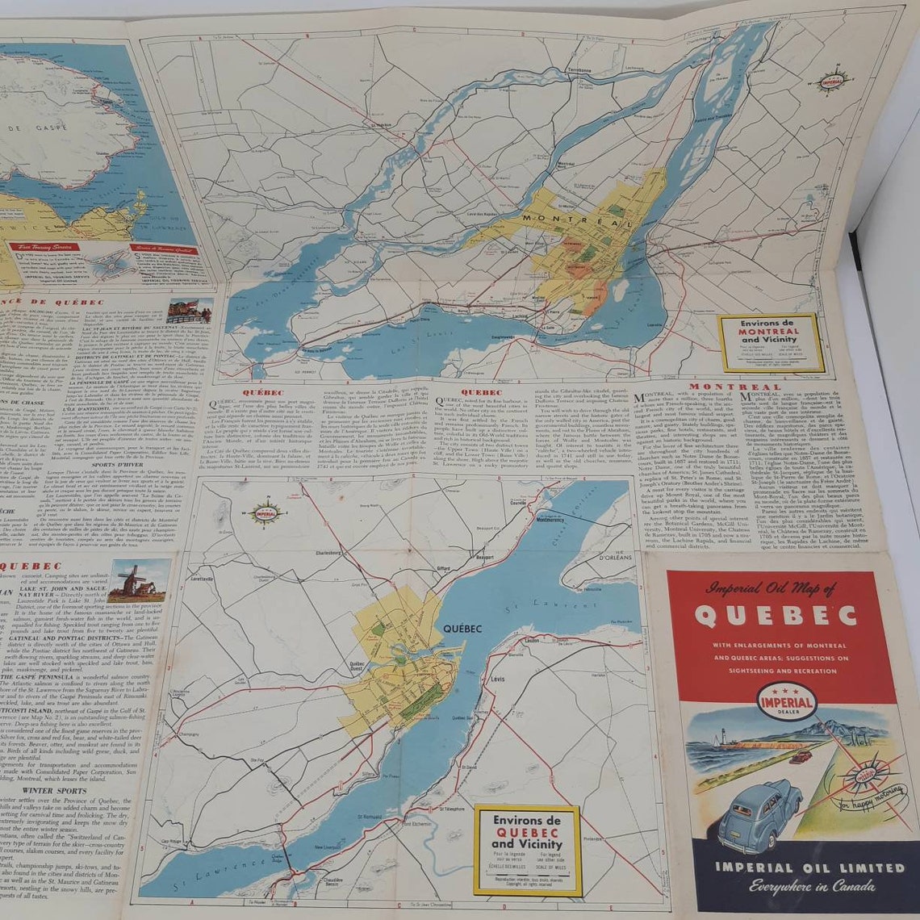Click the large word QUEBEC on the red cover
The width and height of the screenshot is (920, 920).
(775, 616)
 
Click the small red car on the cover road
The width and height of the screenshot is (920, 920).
(800, 756)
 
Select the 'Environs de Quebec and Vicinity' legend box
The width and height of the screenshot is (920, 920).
(527, 849)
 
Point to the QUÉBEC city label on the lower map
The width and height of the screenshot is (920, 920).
(462, 629)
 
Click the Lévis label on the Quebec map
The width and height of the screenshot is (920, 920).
(497, 680)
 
